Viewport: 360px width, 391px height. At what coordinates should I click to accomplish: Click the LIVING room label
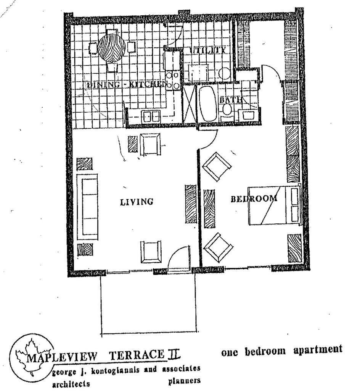coord(137,201)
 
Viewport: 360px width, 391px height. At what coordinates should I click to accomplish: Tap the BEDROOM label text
coord(254,199)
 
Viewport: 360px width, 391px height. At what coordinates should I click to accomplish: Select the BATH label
coord(231,100)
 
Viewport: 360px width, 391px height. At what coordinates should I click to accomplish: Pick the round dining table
coord(111,48)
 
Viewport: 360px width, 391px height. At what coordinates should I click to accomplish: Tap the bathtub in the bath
coord(207,103)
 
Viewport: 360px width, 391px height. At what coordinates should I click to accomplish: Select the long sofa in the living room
coord(87,207)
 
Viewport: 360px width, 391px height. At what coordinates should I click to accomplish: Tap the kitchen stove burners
coord(173,80)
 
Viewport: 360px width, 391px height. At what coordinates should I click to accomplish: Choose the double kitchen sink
coord(151,116)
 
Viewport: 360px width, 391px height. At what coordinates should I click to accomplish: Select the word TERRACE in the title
coord(138,355)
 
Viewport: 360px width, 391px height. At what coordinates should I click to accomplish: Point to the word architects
coord(71,384)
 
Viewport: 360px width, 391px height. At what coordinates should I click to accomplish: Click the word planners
coord(184,381)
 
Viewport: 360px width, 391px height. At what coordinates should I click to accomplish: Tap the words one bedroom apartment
coord(281,350)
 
